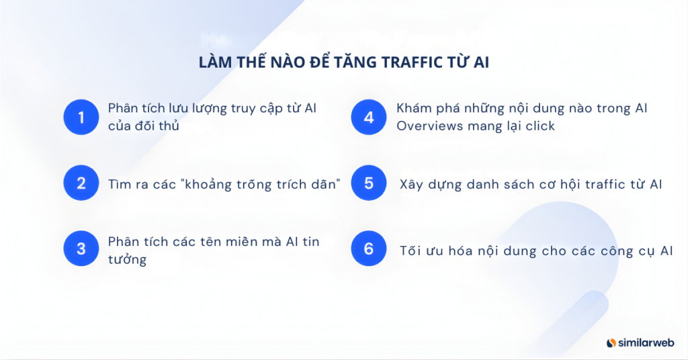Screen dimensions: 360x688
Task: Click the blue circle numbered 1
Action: pyautogui.click(x=81, y=118)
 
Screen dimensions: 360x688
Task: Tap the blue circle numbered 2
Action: pyautogui.click(x=81, y=183)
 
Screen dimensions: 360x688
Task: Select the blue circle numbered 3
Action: pyautogui.click(x=81, y=249)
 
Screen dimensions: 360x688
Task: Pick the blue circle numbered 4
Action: pyautogui.click(x=369, y=118)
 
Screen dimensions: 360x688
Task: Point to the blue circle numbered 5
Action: pyautogui.click(x=369, y=183)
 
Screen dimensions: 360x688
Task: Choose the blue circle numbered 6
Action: pyautogui.click(x=369, y=249)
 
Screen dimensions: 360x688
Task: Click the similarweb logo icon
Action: pyautogui.click(x=611, y=343)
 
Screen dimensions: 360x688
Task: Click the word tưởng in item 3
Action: pyautogui.click(x=127, y=259)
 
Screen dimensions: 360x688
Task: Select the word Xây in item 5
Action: pyautogui.click(x=411, y=184)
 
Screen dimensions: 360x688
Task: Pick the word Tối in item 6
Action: pyautogui.click(x=411, y=251)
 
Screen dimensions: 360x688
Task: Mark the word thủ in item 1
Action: pyautogui.click(x=169, y=126)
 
